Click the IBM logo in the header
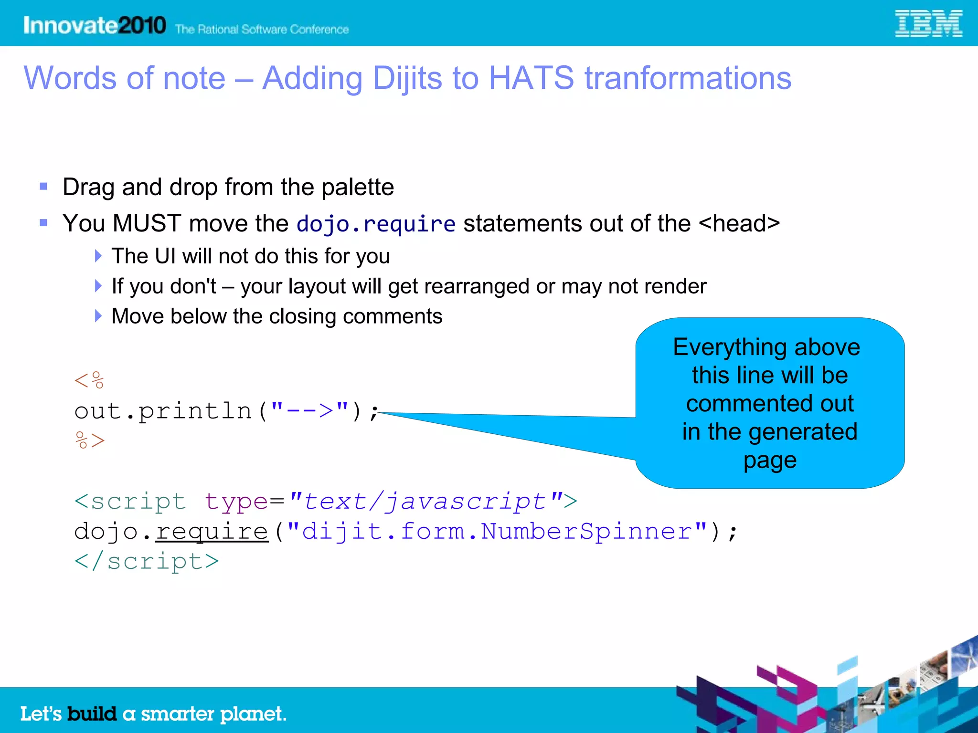click(x=928, y=24)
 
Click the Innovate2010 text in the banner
click(x=95, y=25)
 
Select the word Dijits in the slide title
click(x=407, y=78)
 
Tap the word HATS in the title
click(x=531, y=78)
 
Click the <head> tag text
click(x=739, y=223)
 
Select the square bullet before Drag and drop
click(x=43, y=187)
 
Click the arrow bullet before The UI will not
click(x=98, y=256)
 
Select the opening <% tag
click(x=89, y=381)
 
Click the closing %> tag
click(x=89, y=440)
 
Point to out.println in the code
click(x=162, y=411)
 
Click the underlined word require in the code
click(x=212, y=532)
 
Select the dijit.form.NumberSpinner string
click(x=497, y=532)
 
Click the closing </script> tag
click(x=147, y=561)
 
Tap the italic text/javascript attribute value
click(x=425, y=502)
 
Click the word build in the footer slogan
click(x=92, y=714)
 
